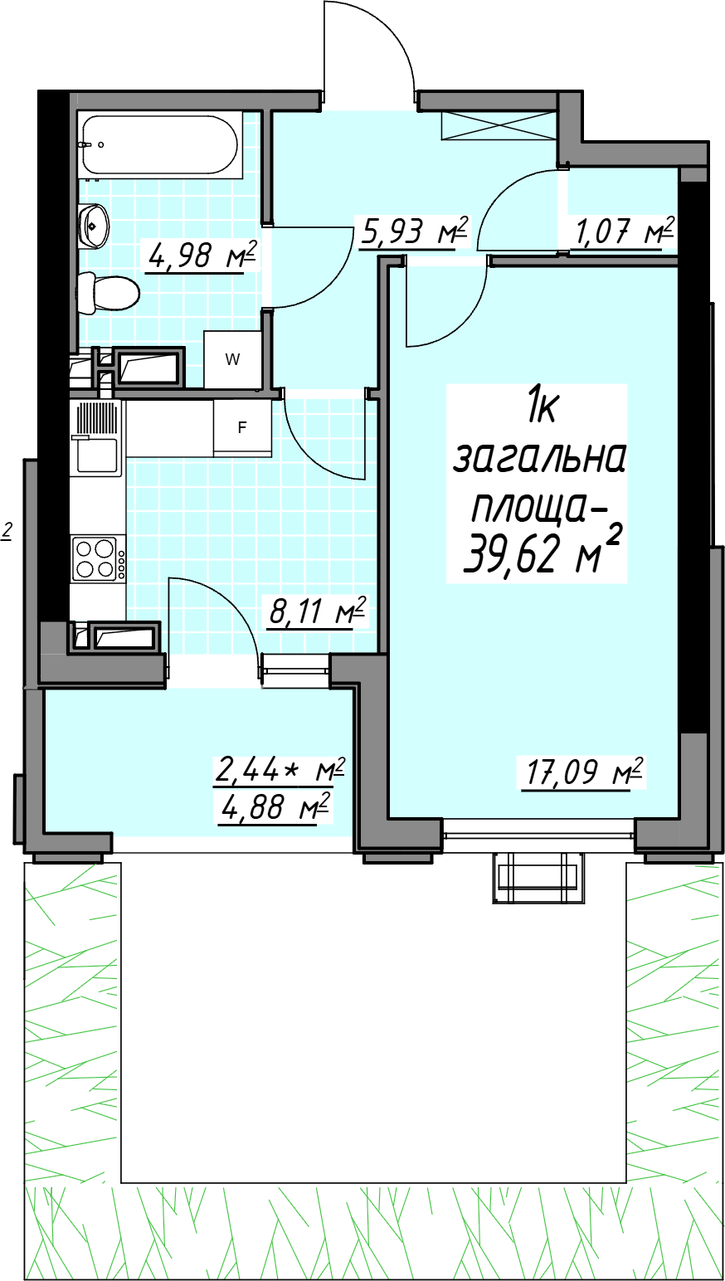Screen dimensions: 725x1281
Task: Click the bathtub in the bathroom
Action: click(159, 145)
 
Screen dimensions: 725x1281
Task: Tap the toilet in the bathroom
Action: click(109, 293)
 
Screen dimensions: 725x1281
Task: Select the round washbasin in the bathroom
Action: click(94, 226)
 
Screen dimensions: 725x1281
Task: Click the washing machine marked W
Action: click(232, 359)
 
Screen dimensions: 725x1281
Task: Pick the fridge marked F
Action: click(242, 428)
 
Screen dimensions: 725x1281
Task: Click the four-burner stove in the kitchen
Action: click(98, 559)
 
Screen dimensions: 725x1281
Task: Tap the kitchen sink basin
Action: click(97, 455)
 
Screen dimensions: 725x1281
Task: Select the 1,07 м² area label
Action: click(623, 232)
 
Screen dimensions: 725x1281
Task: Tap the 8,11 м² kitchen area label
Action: click(317, 612)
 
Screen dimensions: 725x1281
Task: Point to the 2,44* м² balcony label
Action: click(279, 771)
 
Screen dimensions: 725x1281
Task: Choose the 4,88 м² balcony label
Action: click(275, 807)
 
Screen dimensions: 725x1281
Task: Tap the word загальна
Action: click(538, 459)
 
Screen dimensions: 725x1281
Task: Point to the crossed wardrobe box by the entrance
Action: click(499, 126)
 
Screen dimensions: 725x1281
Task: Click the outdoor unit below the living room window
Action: click(538, 877)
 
